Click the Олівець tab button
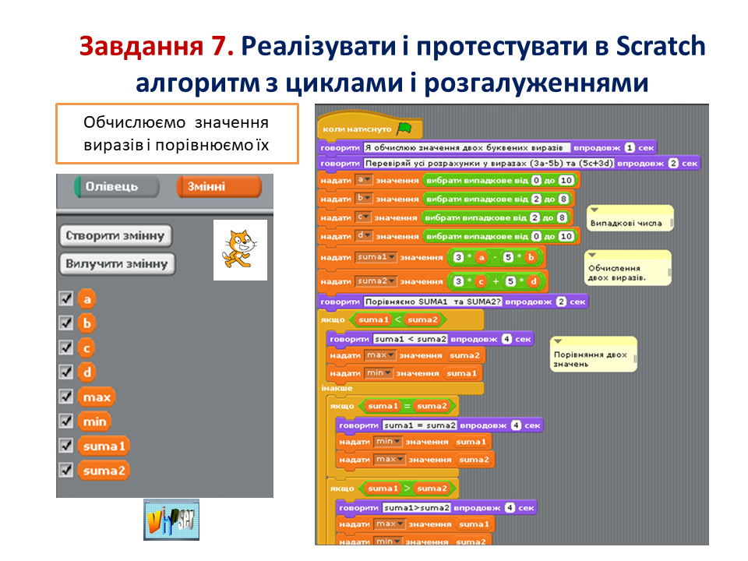click(116, 187)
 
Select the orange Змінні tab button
click(218, 187)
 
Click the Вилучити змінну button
click(117, 264)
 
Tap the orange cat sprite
click(240, 249)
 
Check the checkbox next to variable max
click(65, 397)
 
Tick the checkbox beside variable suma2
click(65, 470)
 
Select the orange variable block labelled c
click(86, 348)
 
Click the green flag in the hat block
click(404, 128)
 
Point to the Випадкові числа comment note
click(630, 221)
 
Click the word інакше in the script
click(337, 388)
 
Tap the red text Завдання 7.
click(156, 47)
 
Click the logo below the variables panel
click(171, 520)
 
